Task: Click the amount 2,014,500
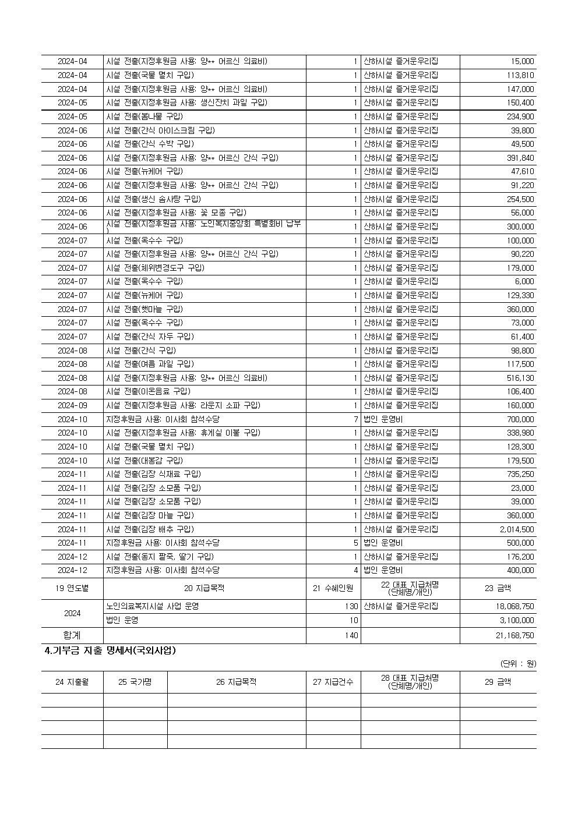516,529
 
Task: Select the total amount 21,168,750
515,635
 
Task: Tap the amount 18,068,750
515,606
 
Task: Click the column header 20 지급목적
205,588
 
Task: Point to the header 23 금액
498,588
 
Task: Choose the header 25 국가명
135,682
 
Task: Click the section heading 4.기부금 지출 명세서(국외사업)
110,651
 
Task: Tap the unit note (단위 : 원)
519,663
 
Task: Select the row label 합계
72,635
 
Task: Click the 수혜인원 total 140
351,635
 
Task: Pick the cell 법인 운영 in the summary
122,620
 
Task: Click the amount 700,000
520,419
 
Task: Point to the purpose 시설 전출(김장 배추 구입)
150,529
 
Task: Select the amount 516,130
520,378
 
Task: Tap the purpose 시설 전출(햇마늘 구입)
144,309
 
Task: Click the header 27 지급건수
333,682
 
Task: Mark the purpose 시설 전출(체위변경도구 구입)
156,268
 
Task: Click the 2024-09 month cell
72,405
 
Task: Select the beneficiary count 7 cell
355,419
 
